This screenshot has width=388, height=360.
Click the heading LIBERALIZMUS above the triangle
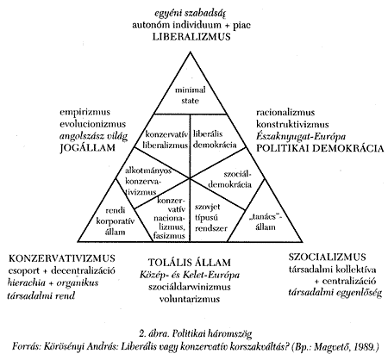click(x=191, y=37)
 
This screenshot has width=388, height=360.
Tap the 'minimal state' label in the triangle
click(x=191, y=95)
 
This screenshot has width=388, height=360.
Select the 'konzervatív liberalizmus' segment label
click(x=166, y=140)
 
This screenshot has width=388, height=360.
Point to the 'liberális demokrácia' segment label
click(x=215, y=140)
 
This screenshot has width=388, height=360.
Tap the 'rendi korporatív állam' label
click(x=116, y=221)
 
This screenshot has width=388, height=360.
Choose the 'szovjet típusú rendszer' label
click(x=211, y=217)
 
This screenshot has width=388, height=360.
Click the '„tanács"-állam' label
click(x=266, y=222)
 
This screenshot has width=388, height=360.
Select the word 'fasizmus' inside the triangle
click(x=169, y=236)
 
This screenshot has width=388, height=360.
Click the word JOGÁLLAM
click(x=88, y=148)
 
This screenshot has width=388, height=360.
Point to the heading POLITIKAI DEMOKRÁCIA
click(x=320, y=148)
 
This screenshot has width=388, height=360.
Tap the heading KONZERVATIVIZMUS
click(x=62, y=258)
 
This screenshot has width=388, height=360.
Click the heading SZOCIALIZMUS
click(x=328, y=257)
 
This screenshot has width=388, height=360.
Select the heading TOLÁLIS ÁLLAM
click(x=190, y=263)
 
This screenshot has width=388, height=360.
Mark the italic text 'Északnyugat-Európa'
click(x=301, y=136)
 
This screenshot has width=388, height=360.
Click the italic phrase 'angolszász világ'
click(x=93, y=136)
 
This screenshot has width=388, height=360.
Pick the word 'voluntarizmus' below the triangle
click(x=190, y=299)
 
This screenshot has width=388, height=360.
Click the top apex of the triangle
click(x=190, y=52)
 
